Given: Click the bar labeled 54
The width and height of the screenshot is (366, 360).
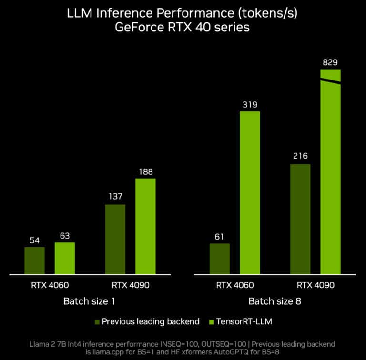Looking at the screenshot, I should [35, 260].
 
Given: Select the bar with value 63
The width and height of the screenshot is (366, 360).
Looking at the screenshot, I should [65, 258].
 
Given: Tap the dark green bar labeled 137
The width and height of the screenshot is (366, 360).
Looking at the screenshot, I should [115, 239].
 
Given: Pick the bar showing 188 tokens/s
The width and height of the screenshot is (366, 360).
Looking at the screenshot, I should [145, 226].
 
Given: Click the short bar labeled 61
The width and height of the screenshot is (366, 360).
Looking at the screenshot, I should [220, 259].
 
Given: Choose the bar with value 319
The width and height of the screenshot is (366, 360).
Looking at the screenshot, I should [250, 192].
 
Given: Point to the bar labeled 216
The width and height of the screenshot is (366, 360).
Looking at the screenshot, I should [300, 219].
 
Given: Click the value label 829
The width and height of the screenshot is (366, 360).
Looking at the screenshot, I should [330, 62].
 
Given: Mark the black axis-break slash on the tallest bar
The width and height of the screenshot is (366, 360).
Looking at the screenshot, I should [330, 81].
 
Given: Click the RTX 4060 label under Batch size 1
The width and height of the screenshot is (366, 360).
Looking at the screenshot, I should [50, 286].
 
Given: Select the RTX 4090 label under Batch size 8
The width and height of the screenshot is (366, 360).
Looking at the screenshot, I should [315, 286].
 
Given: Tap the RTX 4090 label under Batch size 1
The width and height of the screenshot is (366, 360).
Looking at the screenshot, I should [131, 286].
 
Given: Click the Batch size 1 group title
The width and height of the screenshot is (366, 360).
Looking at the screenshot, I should [90, 301].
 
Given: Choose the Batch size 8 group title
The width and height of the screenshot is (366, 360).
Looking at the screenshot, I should [274, 301].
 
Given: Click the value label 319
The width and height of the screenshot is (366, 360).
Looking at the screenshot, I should [250, 104].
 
